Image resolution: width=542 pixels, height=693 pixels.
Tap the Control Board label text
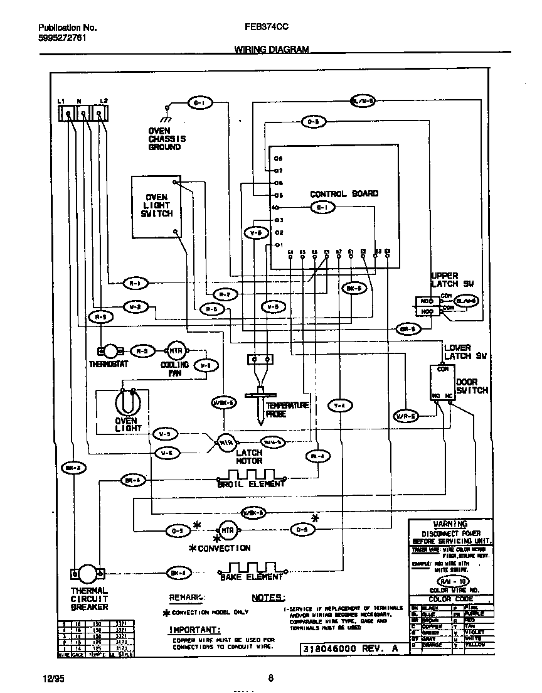[344, 194]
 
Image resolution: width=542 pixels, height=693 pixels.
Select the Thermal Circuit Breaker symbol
[88, 574]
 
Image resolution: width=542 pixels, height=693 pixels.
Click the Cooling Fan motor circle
[174, 351]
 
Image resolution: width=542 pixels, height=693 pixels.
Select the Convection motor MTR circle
[226, 530]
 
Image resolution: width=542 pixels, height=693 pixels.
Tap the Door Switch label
[471, 385]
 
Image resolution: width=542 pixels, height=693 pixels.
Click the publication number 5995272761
[62, 38]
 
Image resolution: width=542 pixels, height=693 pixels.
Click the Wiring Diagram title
[272, 49]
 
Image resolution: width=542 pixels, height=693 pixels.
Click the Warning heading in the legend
[450, 524]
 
